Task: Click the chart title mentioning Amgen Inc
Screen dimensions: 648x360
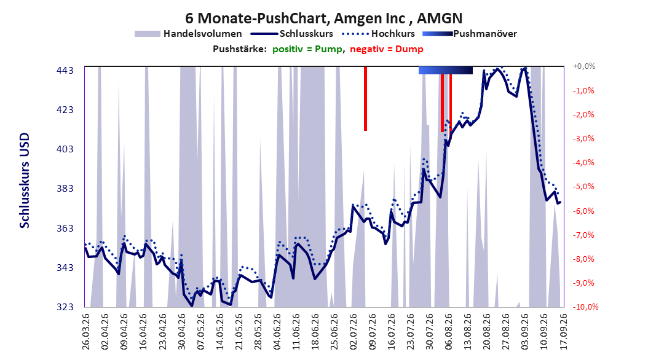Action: pyautogui.click(x=323, y=18)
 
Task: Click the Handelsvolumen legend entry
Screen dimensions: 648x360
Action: pyautogui.click(x=188, y=34)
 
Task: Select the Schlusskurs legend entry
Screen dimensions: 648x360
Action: pyautogui.click(x=292, y=34)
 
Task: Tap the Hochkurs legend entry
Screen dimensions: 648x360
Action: pyautogui.click(x=378, y=34)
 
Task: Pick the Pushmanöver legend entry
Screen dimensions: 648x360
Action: pyautogui.click(x=470, y=34)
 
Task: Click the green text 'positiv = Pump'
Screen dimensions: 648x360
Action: pyautogui.click(x=307, y=49)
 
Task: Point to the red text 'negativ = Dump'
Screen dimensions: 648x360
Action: pyautogui.click(x=387, y=49)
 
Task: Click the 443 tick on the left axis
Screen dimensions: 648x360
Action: pyautogui.click(x=65, y=71)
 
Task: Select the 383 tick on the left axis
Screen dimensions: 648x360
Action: pyautogui.click(x=65, y=189)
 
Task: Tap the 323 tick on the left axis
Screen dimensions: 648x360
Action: pyautogui.click(x=65, y=307)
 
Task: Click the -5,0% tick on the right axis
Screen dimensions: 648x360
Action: pyautogui.click(x=583, y=187)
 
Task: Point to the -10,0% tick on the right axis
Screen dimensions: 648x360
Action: pyautogui.click(x=585, y=307)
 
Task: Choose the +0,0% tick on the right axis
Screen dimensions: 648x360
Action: pyautogui.click(x=584, y=66)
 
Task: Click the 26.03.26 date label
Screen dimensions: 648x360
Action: pyautogui.click(x=86, y=332)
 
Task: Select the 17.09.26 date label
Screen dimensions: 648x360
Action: pyautogui.click(x=563, y=332)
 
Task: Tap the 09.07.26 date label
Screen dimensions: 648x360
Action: pyautogui.click(x=373, y=332)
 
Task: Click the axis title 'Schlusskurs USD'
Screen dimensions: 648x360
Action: pyautogui.click(x=25, y=181)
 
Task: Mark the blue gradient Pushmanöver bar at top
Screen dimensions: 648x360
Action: pyautogui.click(x=446, y=70)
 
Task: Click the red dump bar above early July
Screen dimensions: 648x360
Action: pyautogui.click(x=365, y=99)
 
